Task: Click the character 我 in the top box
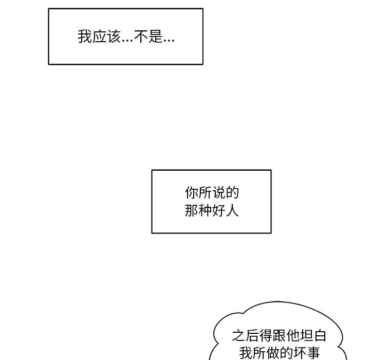point(84,37)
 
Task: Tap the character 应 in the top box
point(98,37)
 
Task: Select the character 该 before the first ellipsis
point(112,37)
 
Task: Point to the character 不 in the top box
point(141,37)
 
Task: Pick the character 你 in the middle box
point(191,193)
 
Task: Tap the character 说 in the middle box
point(219,193)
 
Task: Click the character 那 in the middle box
point(191,210)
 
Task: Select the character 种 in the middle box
point(205,210)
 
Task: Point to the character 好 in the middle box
point(219,210)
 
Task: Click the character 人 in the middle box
point(233,210)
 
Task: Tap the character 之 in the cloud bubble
point(238,336)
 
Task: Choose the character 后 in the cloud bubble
point(252,336)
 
